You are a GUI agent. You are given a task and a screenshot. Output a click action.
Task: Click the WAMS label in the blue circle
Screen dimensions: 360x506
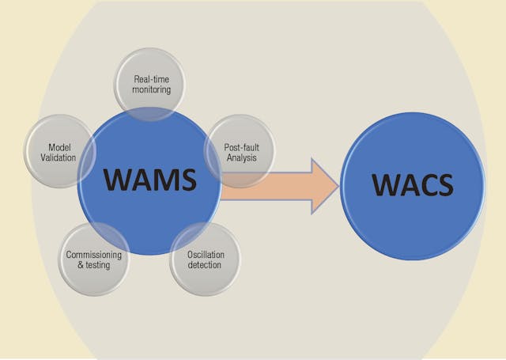(x=149, y=180)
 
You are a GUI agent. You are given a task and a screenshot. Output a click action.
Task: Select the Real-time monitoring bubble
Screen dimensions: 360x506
(x=149, y=83)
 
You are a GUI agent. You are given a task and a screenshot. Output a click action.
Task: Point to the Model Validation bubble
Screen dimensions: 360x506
(x=61, y=151)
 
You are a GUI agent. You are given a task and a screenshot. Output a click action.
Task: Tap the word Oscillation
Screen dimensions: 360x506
(x=205, y=254)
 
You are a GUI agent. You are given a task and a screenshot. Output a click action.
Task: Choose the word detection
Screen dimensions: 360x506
(x=205, y=265)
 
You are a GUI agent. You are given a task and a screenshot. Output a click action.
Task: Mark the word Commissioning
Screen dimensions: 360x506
(x=94, y=254)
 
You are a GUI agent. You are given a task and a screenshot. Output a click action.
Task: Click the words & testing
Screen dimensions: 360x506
(x=94, y=265)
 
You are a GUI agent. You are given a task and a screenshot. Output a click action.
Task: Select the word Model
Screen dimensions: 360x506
(x=61, y=146)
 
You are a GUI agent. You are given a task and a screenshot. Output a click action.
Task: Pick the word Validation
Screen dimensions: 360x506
(x=61, y=157)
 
